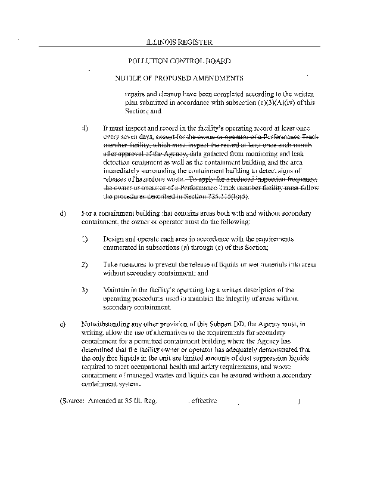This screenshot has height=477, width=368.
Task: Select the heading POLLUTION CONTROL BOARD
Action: [x=179, y=61]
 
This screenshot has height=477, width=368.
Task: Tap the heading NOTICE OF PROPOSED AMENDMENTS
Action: [x=179, y=78]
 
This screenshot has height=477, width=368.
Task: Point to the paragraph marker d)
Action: [x=63, y=213]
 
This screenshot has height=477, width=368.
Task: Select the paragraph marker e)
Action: [x=63, y=324]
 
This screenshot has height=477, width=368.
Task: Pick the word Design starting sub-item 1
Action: [x=114, y=238]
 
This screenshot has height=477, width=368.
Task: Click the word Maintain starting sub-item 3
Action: [x=116, y=290]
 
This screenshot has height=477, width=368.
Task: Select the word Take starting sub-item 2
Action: [x=111, y=264]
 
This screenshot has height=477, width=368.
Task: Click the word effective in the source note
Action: [x=203, y=401]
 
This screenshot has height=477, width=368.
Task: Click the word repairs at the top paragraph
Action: [x=135, y=94]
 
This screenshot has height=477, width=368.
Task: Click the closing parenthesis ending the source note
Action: [x=299, y=401]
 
